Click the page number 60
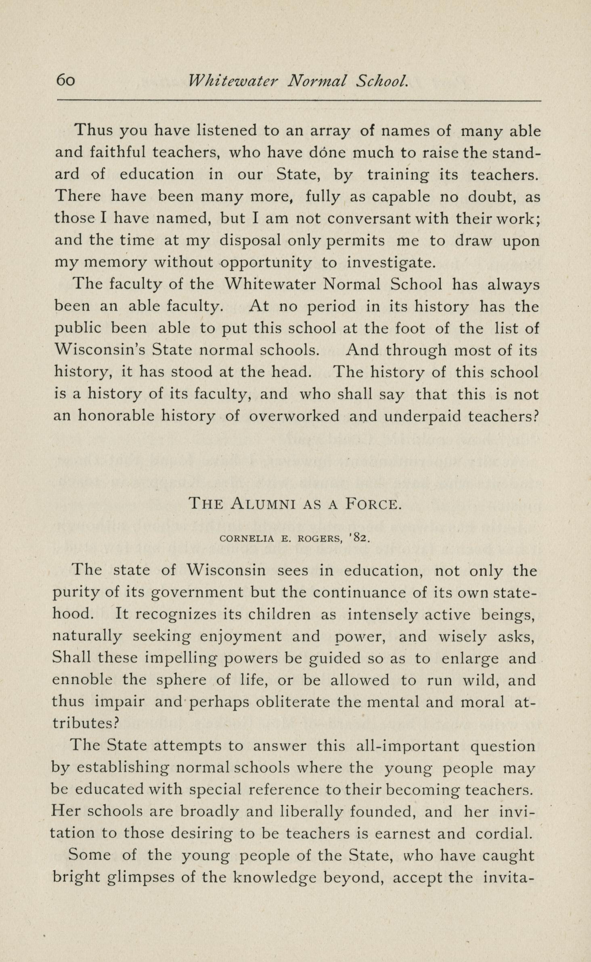tap(65, 80)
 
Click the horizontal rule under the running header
tap(299, 100)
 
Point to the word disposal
tap(250, 240)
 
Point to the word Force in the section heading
tap(374, 504)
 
